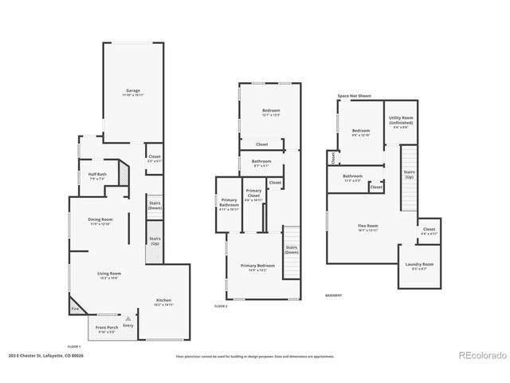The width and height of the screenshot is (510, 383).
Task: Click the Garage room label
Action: pyautogui.click(x=132, y=92)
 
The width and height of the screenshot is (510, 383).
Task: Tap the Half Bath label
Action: pyautogui.click(x=98, y=177)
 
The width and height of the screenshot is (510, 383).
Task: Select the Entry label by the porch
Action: pyautogui.click(x=128, y=325)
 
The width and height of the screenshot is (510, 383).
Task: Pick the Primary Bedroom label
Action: pyautogui.click(x=259, y=267)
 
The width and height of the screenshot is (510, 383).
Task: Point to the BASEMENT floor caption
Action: pyautogui.click(x=335, y=295)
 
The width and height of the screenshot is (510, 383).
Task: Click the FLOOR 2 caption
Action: pyautogui.click(x=221, y=306)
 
